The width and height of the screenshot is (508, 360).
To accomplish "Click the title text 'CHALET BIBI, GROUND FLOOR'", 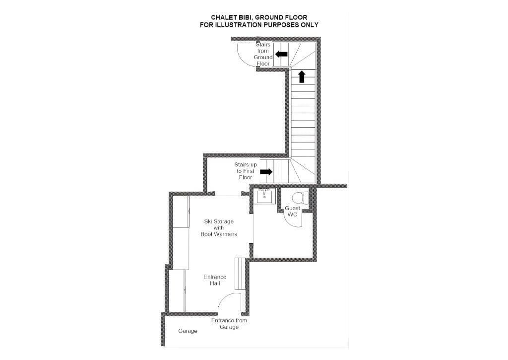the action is (259, 17).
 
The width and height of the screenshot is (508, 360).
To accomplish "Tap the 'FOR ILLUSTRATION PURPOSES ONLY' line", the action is (259, 25).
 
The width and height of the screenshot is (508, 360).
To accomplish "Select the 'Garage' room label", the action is (188, 331).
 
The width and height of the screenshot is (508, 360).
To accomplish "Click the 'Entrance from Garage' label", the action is (229, 324).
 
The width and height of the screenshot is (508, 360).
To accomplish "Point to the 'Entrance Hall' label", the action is (215, 280).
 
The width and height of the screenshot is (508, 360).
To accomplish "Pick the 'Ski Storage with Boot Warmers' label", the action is (219, 228).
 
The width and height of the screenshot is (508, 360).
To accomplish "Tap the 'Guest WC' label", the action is (292, 211).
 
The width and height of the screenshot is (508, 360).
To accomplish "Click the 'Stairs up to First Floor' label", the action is (246, 171).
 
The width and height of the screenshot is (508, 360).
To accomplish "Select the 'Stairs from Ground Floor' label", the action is (263, 54).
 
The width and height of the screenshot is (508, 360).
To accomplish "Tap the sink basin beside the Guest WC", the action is (264, 196).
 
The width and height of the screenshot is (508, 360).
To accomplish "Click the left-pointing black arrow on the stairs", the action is (281, 54).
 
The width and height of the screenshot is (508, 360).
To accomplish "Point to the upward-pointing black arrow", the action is (302, 76).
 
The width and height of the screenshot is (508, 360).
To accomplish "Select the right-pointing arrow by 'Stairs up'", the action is (266, 172).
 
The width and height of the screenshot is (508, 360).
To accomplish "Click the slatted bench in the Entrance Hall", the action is (240, 274).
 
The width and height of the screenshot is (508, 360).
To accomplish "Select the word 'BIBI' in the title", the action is (243, 17).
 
